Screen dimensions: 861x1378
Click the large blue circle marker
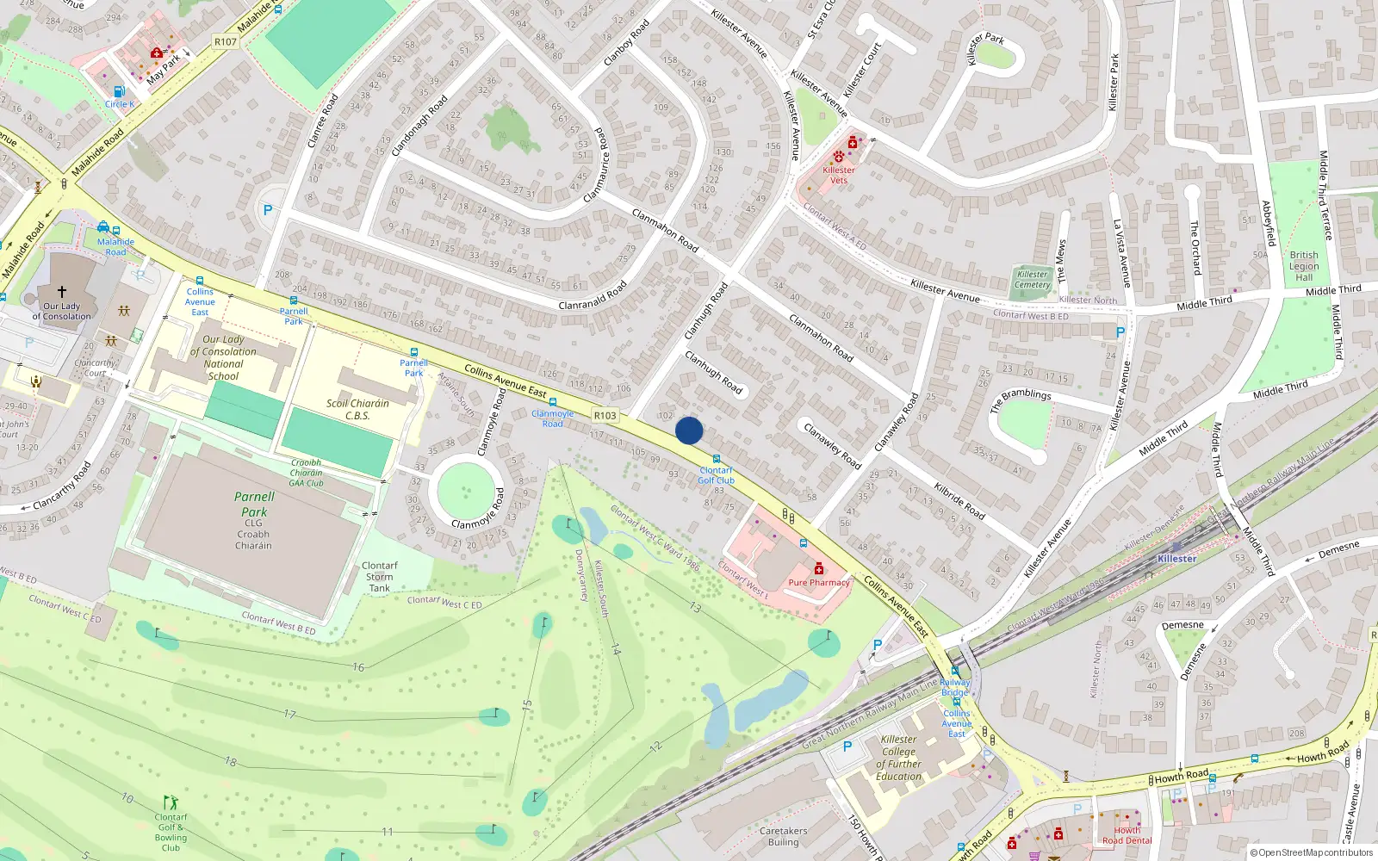[x=689, y=430]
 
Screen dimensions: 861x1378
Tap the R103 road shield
[x=605, y=415]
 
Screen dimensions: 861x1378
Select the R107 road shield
[x=225, y=41]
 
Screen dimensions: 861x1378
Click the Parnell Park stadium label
[x=254, y=505]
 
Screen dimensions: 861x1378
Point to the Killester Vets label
[x=838, y=175]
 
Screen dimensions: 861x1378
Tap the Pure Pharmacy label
[x=818, y=583]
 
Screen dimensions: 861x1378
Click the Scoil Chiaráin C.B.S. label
[x=357, y=409]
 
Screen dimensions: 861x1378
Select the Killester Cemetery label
[x=1032, y=280]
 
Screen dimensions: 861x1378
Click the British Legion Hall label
[x=1304, y=266]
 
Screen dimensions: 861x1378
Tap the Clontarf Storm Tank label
[x=379, y=577]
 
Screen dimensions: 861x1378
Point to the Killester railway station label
[x=1176, y=559]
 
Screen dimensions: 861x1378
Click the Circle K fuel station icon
[x=119, y=91]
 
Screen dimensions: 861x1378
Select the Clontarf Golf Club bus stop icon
[x=717, y=460]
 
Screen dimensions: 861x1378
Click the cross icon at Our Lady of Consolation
[x=62, y=292]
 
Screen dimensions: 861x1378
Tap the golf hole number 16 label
[x=358, y=666]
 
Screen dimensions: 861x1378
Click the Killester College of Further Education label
[x=898, y=758]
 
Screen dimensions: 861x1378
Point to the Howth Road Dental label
[x=1127, y=836]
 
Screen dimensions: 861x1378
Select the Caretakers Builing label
[x=783, y=837]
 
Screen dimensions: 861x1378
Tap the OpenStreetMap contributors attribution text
[x=1312, y=852]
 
